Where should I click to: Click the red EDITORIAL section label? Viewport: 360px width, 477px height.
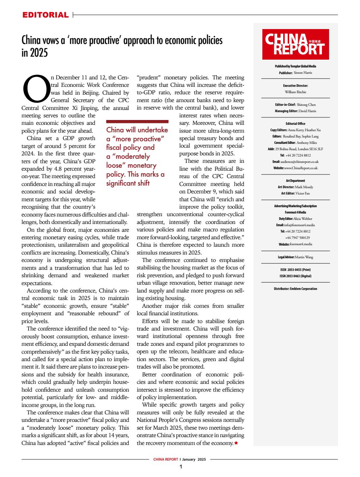(45, 15)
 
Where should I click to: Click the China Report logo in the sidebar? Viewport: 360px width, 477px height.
(295, 44)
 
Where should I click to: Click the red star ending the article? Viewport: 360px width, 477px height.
(236, 443)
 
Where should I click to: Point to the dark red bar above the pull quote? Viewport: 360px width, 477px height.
(137, 121)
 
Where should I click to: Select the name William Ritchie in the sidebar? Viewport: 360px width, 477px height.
(295, 92)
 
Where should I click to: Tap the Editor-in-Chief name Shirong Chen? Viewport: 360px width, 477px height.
(306, 105)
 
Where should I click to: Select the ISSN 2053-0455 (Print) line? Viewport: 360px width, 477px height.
(295, 270)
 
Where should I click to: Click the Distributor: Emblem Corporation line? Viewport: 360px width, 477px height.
(295, 289)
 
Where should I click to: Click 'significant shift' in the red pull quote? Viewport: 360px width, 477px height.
(128, 183)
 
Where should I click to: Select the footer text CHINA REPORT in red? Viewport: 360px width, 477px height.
(165, 459)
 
